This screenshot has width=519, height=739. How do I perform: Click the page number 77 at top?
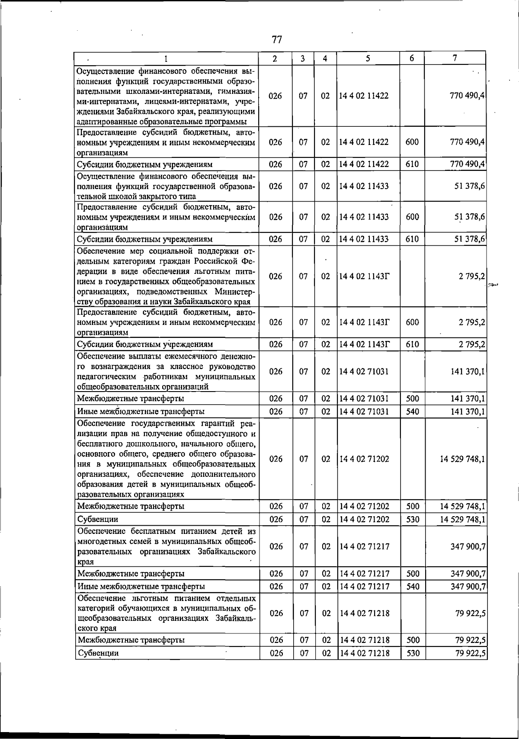tap(277, 40)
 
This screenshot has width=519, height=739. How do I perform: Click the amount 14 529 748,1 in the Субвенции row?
tap(462, 519)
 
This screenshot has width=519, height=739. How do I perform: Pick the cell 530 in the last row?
tap(413, 653)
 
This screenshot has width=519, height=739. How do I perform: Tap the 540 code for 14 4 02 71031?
tap(413, 411)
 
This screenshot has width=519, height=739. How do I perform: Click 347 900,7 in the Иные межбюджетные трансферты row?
tap(468, 587)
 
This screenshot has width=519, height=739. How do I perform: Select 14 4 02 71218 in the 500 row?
tap(364, 640)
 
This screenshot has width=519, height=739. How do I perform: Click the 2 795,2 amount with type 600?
tap(472, 322)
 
